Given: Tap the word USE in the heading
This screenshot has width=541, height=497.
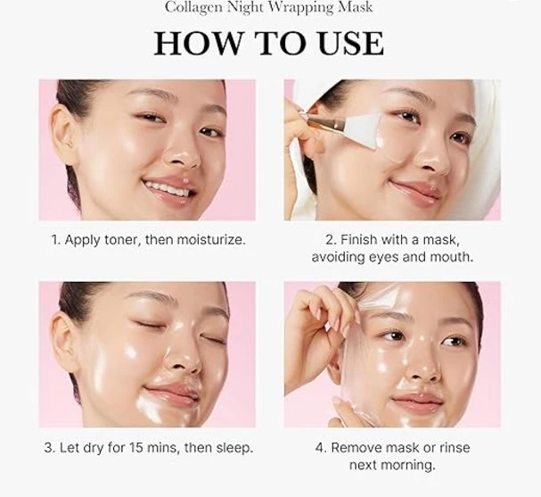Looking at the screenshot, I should [347, 43].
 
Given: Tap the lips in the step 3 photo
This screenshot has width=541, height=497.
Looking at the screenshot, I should [170, 392].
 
